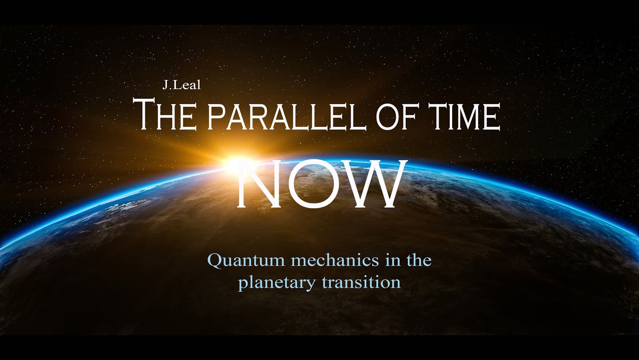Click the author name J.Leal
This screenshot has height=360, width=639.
tap(181, 85)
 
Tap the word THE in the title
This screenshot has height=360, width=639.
tap(165, 114)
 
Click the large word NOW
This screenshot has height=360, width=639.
tap(322, 183)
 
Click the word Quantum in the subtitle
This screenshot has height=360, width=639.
tap(246, 261)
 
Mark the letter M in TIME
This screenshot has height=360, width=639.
tap(462, 117)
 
